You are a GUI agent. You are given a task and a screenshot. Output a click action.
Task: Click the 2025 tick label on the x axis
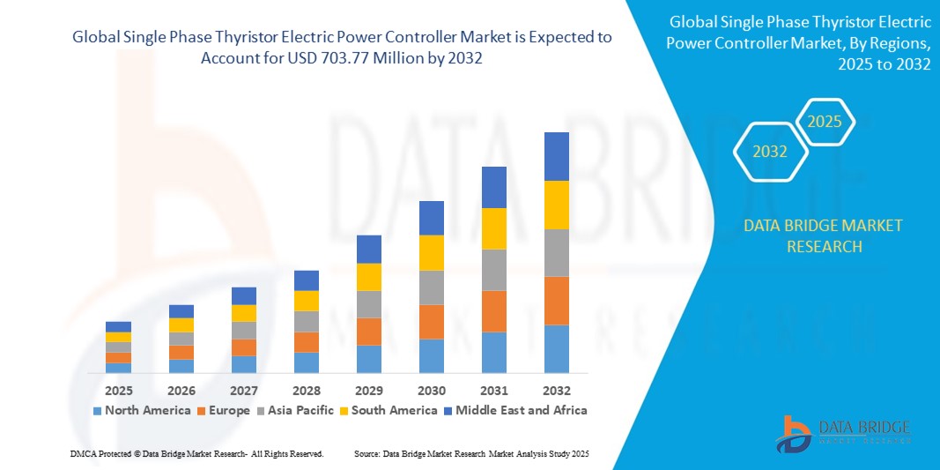pyautogui.click(x=118, y=390)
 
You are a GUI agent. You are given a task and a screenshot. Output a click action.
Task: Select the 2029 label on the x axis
pyautogui.click(x=368, y=390)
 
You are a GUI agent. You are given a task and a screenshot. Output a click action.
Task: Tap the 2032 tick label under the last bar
pyautogui.click(x=556, y=390)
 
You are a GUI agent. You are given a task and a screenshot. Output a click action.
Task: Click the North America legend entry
pyautogui.click(x=141, y=410)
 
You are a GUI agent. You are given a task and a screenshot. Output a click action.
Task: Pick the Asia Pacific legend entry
pyautogui.click(x=300, y=410)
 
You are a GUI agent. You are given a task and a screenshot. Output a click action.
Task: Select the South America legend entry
pyautogui.click(x=395, y=410)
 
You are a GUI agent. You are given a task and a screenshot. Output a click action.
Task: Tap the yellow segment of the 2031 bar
pyautogui.click(x=493, y=228)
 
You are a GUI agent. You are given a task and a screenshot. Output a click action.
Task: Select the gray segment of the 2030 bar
pyautogui.click(x=431, y=287)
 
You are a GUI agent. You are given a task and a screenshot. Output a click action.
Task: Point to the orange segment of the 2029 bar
pyautogui.click(x=368, y=332)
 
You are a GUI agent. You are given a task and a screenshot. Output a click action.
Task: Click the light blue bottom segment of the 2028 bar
pyautogui.click(x=306, y=362)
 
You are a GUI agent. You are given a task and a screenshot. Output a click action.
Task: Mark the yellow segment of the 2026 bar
pyautogui.click(x=181, y=325)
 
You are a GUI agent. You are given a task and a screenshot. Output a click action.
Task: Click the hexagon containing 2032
pyautogui.click(x=770, y=152)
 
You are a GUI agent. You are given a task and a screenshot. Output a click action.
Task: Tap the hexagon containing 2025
pyautogui.click(x=825, y=122)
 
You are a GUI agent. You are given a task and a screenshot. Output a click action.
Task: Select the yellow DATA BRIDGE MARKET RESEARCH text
pyautogui.click(x=823, y=235)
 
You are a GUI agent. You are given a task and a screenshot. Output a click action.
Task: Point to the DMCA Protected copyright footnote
pyautogui.click(x=196, y=453)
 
